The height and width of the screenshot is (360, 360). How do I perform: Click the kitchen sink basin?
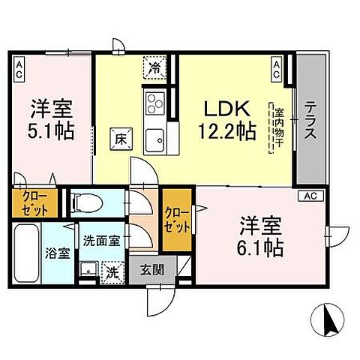(x=157, y=137)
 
